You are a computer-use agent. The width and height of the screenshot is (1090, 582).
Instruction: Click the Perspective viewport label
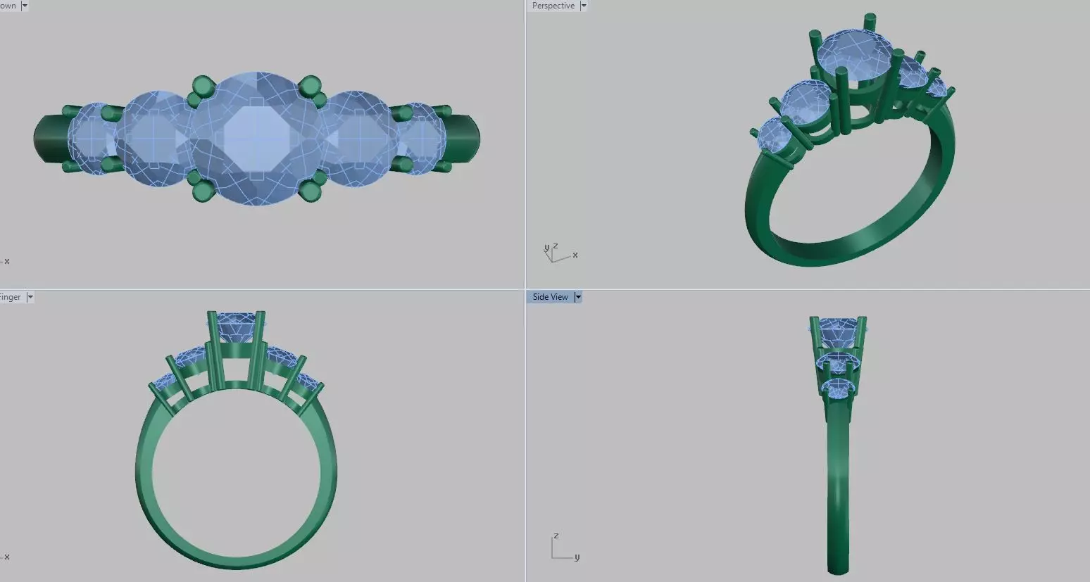point(553,6)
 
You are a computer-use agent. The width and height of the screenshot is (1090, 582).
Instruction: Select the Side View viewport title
point(550,297)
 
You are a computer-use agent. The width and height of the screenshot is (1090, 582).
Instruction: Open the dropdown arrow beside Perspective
point(583,6)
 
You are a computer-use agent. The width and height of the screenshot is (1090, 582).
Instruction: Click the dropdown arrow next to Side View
point(578,297)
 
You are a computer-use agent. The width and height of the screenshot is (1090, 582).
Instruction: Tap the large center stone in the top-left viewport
point(257,138)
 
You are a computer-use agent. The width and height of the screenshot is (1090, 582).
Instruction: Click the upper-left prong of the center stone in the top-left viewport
point(202,87)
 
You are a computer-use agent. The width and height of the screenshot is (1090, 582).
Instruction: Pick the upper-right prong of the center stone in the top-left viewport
point(309,87)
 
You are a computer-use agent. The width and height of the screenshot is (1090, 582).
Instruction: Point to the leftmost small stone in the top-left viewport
point(89,138)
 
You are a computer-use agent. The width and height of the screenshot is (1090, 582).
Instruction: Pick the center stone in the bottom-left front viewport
point(236,327)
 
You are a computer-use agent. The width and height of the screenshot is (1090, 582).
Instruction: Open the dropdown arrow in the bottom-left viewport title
point(30,297)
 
